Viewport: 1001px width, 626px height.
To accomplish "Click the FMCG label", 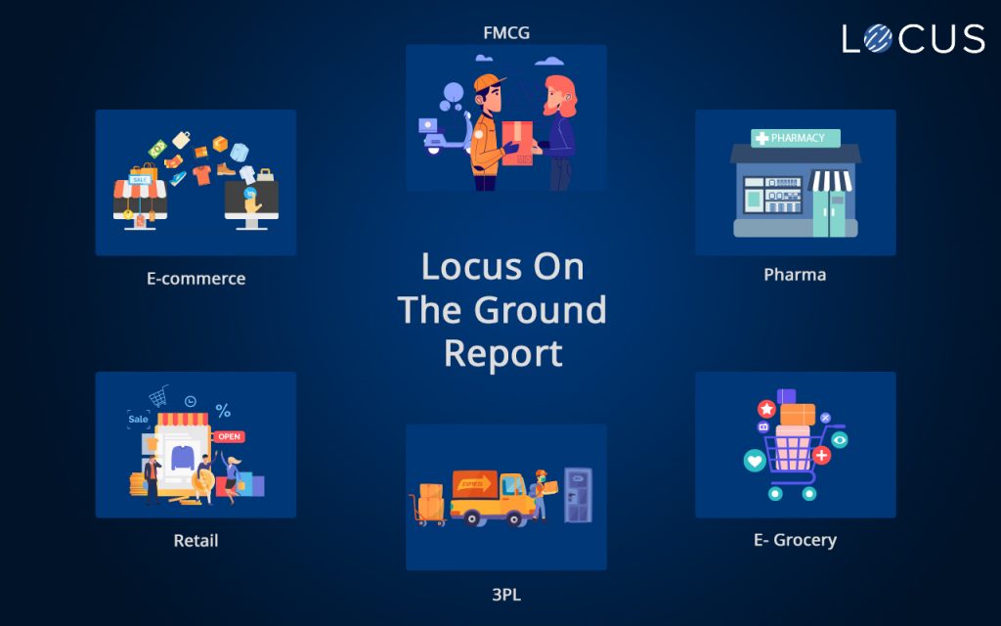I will (506, 32).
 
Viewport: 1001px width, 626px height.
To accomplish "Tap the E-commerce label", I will (196, 279).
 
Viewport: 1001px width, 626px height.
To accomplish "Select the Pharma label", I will (795, 275).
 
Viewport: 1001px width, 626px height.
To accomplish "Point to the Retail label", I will (196, 540).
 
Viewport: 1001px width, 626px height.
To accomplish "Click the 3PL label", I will (506, 593).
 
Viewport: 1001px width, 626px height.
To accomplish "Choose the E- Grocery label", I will (795, 540).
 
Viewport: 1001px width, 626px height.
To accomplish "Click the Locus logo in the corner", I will (913, 38).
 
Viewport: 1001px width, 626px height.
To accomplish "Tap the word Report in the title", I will (502, 353).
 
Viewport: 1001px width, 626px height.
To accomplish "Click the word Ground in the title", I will (540, 310).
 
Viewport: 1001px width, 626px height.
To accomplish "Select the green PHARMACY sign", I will (796, 139).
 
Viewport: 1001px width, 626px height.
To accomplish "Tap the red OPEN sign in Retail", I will (229, 436).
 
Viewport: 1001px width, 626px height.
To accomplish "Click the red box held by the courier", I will (517, 143).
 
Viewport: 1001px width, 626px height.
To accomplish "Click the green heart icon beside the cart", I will (755, 460).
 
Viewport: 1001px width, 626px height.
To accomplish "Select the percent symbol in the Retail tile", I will (223, 411).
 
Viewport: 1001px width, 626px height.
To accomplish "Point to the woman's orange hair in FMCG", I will (562, 92).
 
